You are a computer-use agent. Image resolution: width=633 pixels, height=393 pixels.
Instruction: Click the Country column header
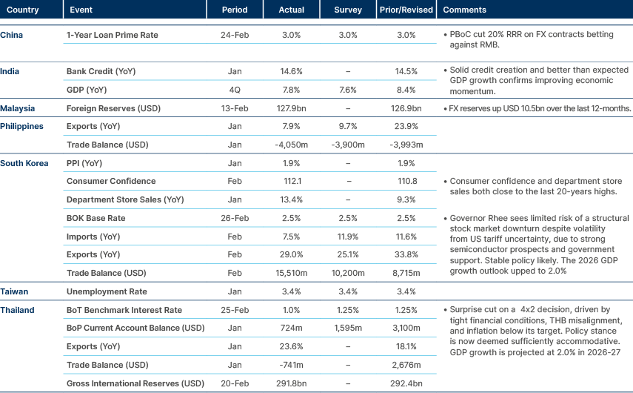pos(22,10)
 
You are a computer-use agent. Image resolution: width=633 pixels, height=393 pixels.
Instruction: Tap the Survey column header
pos(348,10)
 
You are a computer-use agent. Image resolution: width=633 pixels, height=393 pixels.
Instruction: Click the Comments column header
pos(463,10)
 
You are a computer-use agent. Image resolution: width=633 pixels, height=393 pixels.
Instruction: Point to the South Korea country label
pos(24,163)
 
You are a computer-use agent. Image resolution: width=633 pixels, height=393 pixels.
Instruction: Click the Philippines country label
pos(22,126)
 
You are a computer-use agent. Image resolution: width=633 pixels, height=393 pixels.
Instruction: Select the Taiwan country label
pos(15,291)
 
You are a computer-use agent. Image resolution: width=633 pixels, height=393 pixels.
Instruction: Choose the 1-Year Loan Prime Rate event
pos(112,35)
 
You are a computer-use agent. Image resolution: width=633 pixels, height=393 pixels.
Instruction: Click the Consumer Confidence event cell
pos(110,181)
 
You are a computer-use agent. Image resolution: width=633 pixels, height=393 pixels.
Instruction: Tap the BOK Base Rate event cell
pos(96,218)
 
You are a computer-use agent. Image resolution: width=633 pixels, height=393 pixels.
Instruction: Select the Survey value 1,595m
pos(348,328)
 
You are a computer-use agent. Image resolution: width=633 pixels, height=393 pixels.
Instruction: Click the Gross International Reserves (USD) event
pos(135,383)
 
